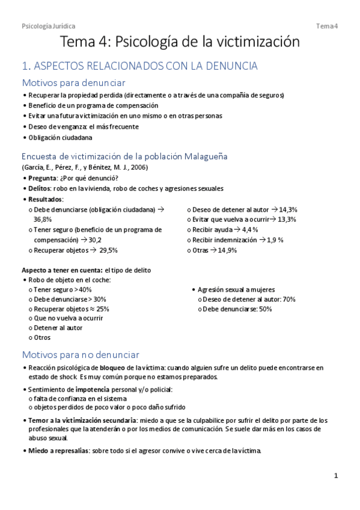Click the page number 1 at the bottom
[337, 476]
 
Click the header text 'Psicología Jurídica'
[48, 26]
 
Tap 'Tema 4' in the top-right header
[328, 26]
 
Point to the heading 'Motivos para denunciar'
[73, 83]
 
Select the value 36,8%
[43, 220]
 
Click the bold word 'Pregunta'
[43, 178]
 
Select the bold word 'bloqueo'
[112, 367]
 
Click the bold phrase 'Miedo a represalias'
[58, 451]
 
